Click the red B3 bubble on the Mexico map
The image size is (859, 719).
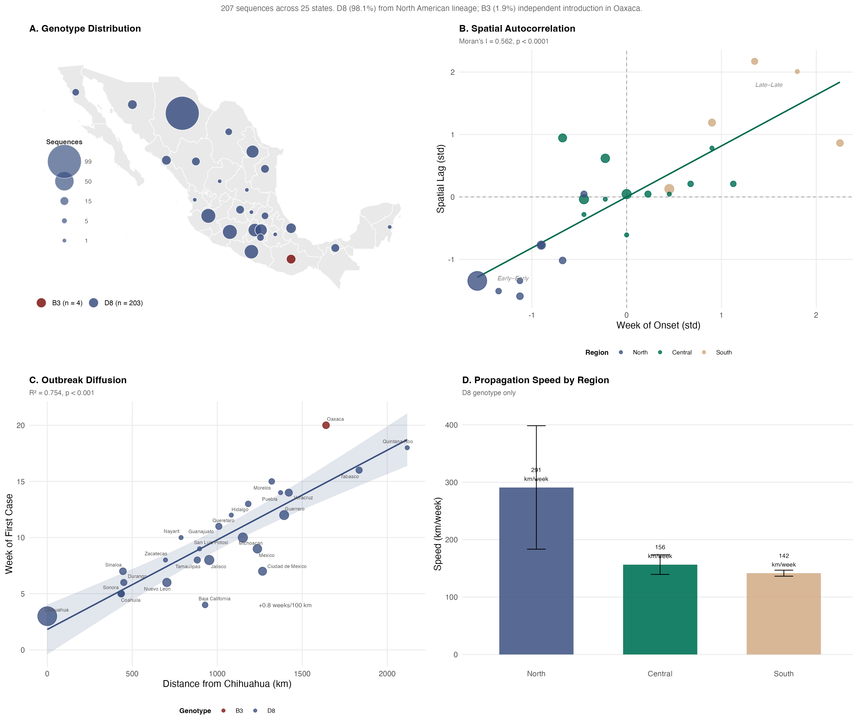[x=291, y=259]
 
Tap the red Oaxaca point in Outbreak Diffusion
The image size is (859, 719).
[x=326, y=425]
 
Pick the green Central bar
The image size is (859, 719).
[x=660, y=609]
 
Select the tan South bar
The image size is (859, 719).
[x=784, y=614]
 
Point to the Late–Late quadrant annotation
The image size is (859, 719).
[x=769, y=85]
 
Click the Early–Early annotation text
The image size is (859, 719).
[x=513, y=279]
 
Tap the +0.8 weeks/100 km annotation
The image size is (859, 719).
[x=285, y=605]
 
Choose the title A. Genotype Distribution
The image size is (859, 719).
[x=85, y=29]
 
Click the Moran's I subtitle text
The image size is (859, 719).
[x=504, y=41]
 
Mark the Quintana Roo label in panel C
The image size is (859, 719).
[x=398, y=442]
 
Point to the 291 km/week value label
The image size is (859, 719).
[x=536, y=474]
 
